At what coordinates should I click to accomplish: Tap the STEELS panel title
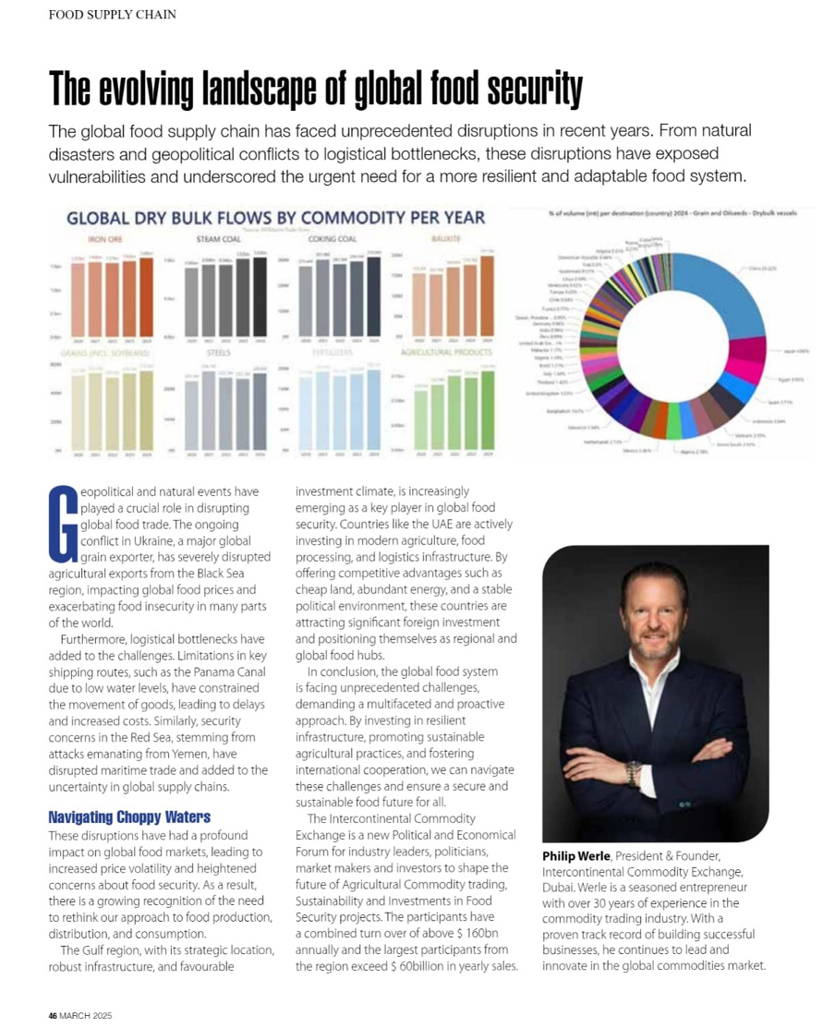pyautogui.click(x=218, y=353)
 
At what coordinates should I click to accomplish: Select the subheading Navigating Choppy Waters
pyautogui.click(x=129, y=816)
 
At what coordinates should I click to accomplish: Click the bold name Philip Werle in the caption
pyautogui.click(x=576, y=856)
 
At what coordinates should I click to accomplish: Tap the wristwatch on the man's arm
pyautogui.click(x=633, y=772)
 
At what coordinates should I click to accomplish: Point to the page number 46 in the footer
pyautogui.click(x=53, y=1015)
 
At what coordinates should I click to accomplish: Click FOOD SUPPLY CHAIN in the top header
pyautogui.click(x=112, y=15)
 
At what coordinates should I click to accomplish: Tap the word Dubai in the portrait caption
pyautogui.click(x=561, y=887)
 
